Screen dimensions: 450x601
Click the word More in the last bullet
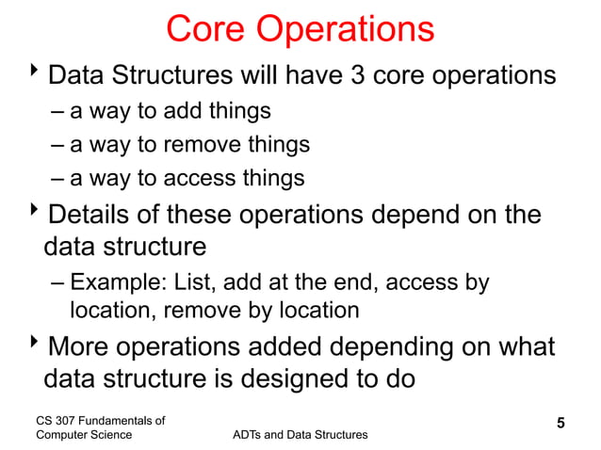(80, 347)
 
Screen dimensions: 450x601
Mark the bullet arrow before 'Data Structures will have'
(35, 71)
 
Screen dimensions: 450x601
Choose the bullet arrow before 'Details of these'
(35, 213)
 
